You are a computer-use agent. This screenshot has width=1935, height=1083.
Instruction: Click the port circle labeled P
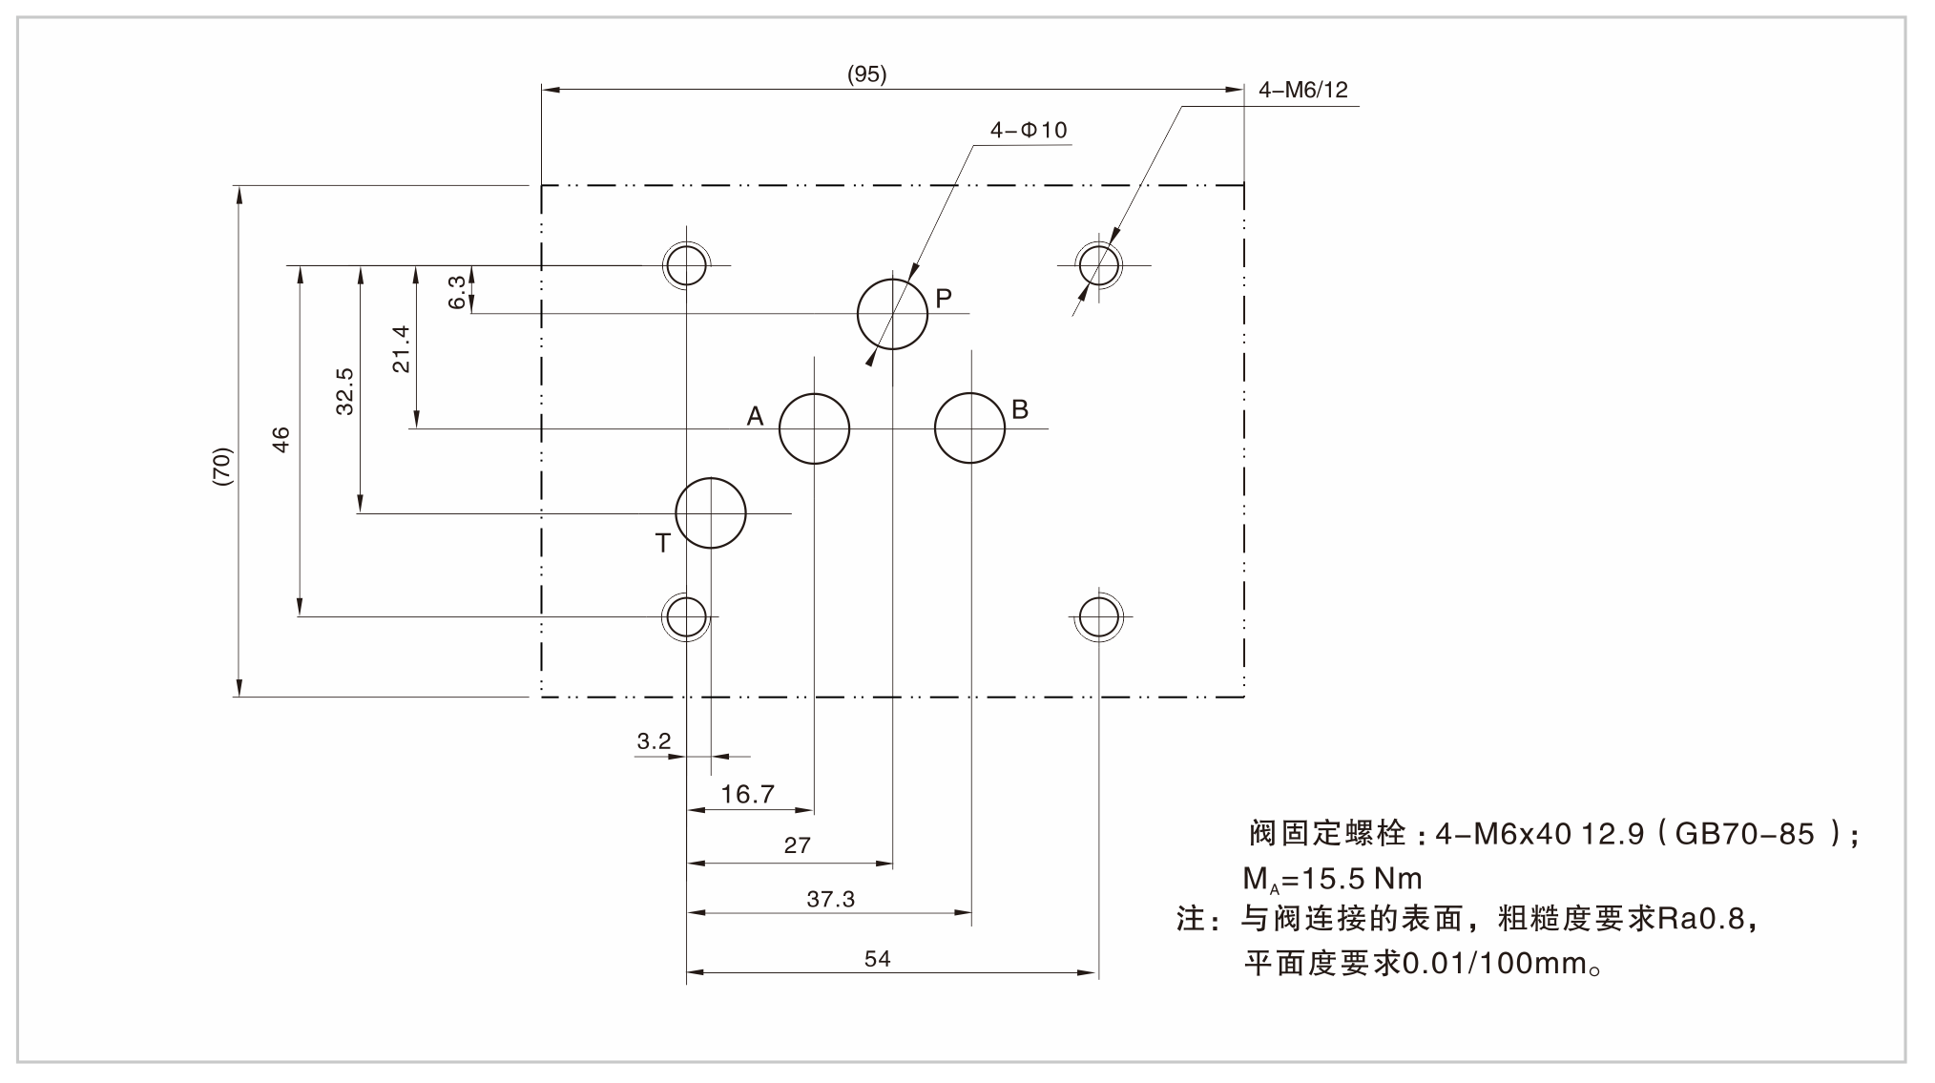click(892, 314)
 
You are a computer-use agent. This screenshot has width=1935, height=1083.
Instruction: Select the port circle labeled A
click(814, 428)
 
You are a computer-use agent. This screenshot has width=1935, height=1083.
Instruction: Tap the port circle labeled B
click(969, 428)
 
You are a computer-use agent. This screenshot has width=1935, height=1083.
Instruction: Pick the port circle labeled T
click(711, 513)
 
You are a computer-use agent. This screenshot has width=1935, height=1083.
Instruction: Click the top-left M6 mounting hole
click(686, 264)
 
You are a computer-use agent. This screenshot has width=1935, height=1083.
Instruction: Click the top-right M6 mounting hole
click(1099, 264)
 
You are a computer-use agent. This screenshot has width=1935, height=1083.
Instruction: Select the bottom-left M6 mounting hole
click(686, 616)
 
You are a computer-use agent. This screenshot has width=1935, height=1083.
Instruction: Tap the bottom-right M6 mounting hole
click(1099, 616)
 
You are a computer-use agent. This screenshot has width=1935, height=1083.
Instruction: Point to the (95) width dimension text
click(866, 74)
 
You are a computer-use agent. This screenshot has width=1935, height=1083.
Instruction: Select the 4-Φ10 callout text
click(1029, 131)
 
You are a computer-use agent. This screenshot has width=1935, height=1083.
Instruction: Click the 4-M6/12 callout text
click(1303, 90)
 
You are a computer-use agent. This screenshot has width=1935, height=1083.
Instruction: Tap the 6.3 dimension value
click(457, 292)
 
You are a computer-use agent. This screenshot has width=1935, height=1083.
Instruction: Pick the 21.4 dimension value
click(401, 348)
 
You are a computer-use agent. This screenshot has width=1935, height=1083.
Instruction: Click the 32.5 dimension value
click(344, 391)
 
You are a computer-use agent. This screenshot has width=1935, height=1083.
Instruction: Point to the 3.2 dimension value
click(654, 740)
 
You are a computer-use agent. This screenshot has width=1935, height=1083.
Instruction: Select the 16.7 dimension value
click(747, 794)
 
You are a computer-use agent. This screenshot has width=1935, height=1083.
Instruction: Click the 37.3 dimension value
click(830, 899)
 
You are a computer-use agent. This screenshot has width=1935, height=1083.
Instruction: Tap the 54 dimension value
click(877, 958)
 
